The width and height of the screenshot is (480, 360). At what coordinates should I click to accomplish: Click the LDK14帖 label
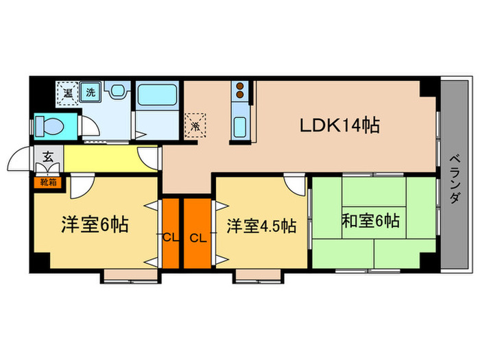(339, 126)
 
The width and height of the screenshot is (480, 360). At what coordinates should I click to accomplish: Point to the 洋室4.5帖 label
(262, 225)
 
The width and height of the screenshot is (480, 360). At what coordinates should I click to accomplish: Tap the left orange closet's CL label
(169, 238)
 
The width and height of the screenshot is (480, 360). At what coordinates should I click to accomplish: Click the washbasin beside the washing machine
(118, 91)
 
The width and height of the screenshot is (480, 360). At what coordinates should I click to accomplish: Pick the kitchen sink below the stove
(241, 127)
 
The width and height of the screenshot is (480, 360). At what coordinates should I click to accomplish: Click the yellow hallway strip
(103, 158)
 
